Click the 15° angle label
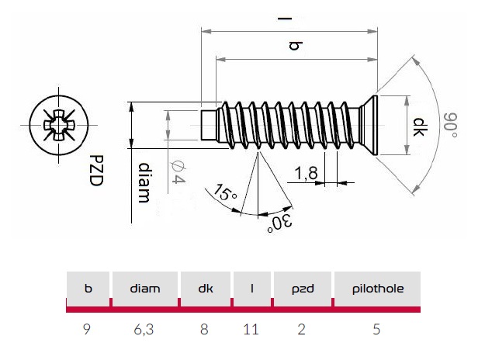click(226, 192)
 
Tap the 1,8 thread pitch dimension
click(307, 175)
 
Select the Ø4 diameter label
click(177, 171)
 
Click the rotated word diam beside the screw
click(143, 184)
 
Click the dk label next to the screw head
click(419, 126)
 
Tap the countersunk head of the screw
click(370, 124)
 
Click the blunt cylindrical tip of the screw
click(207, 125)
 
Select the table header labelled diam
click(146, 289)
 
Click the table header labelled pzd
click(302, 289)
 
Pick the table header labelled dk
click(205, 289)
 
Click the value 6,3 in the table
click(146, 329)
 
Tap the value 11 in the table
click(250, 329)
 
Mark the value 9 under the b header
click(88, 329)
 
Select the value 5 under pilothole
click(376, 329)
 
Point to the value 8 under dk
click(205, 329)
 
